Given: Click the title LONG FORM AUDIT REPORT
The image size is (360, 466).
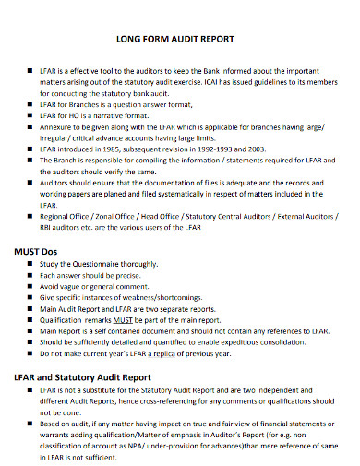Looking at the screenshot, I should point(180,40).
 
